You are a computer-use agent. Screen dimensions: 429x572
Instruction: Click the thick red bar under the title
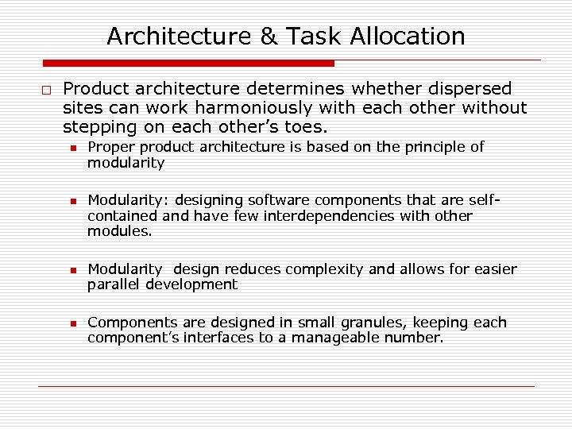[x=188, y=63]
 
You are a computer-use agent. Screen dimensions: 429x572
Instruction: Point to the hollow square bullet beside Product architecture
[x=47, y=89]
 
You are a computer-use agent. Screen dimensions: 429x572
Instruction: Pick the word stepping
[x=100, y=127]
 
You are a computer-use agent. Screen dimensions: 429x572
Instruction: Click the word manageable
[x=353, y=338]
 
